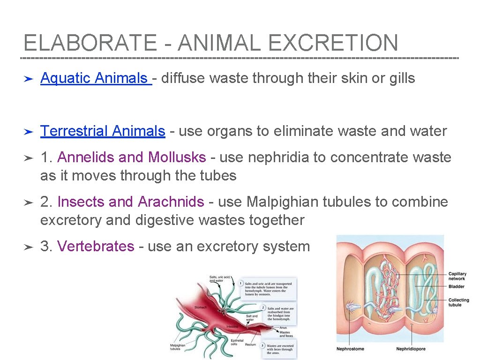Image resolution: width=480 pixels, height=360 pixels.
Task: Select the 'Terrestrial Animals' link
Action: tap(103, 131)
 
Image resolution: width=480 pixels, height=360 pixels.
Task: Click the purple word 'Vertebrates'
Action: tap(96, 246)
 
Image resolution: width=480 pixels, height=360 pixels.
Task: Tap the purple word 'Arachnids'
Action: tap(171, 202)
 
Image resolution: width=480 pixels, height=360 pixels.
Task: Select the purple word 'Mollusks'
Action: tap(177, 157)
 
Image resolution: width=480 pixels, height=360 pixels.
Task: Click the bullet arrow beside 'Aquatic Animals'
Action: tap(28, 78)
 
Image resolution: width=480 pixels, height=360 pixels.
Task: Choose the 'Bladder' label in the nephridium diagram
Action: tap(456, 286)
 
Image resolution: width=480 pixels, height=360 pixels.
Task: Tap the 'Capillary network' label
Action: tap(457, 276)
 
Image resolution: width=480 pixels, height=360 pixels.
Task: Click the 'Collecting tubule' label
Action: tap(458, 302)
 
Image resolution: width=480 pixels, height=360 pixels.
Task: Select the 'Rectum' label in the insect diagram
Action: tap(250, 345)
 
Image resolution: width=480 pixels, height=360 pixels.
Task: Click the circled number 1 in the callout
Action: tap(240, 283)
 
